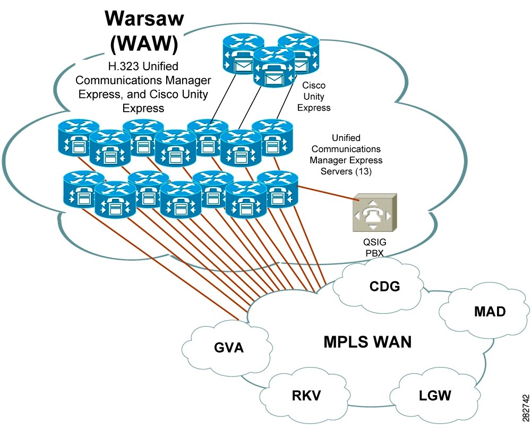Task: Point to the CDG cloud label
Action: tap(385, 287)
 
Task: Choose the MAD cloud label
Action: tap(490, 312)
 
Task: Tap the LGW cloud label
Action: tap(435, 396)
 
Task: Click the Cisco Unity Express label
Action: tap(314, 96)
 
